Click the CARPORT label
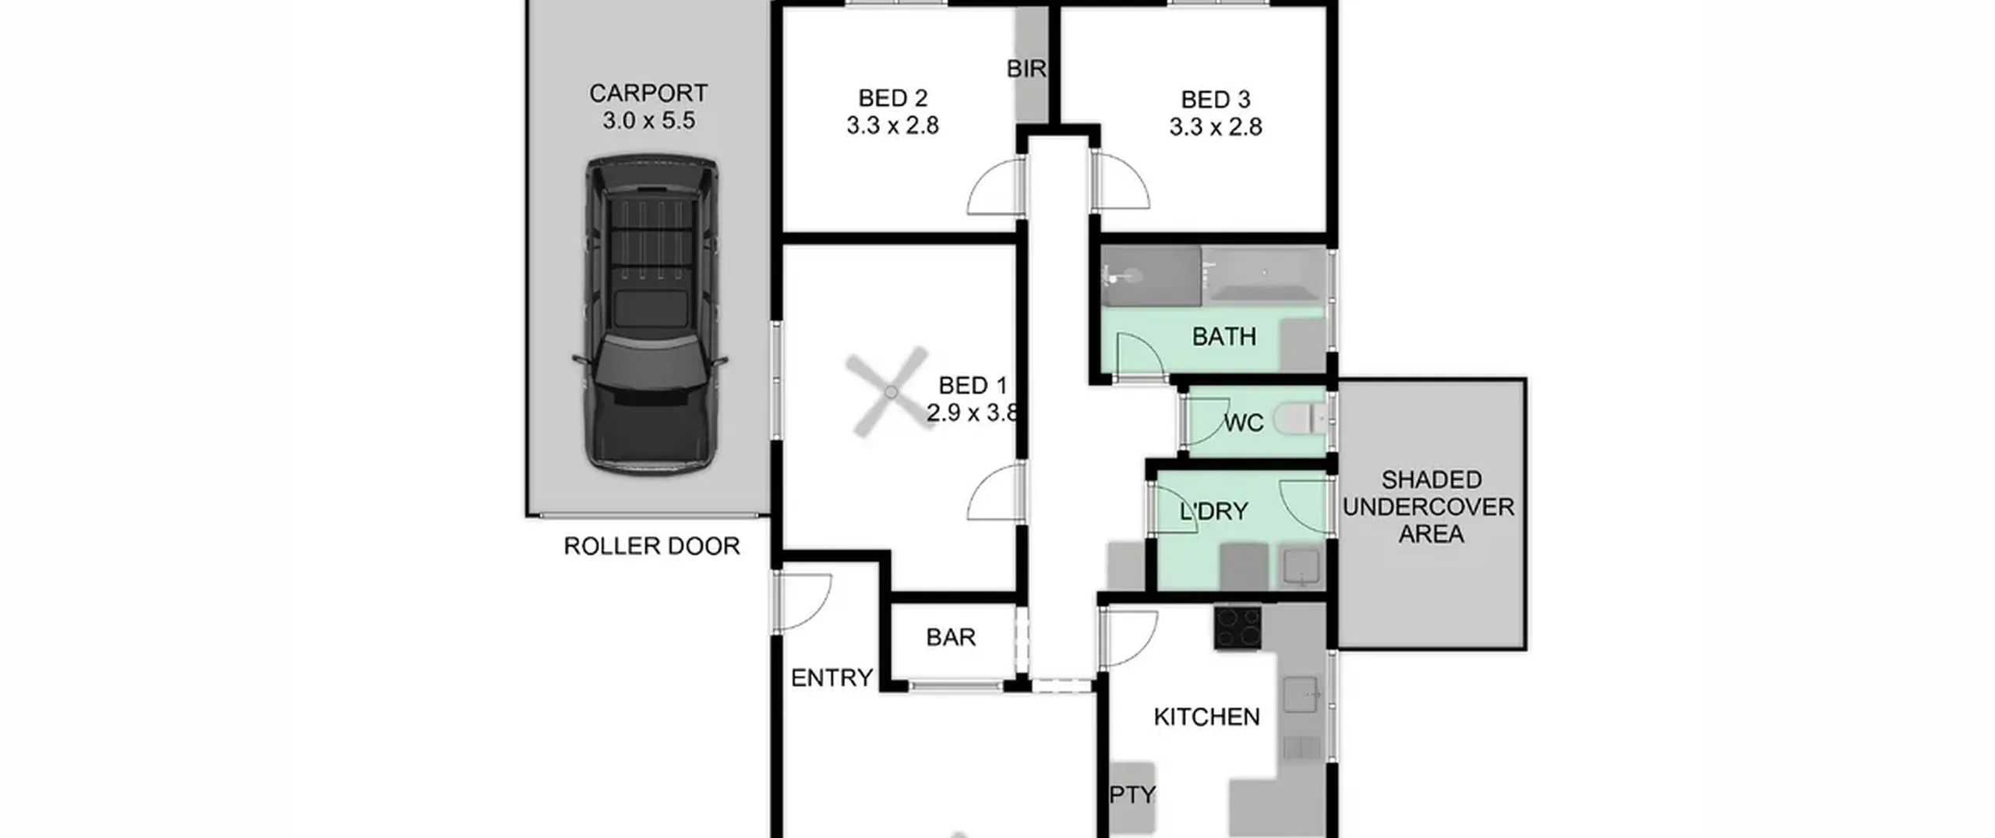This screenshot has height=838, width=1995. click(648, 93)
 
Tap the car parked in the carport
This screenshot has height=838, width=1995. click(650, 315)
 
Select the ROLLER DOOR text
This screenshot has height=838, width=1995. click(651, 546)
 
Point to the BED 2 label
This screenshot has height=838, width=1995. click(893, 98)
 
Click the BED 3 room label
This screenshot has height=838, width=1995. click(1216, 100)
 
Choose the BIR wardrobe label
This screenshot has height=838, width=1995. click(1026, 69)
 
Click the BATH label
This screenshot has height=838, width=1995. click(1224, 337)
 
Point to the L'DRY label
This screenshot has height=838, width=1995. click(1214, 511)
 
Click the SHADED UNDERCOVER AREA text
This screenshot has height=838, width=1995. click(1429, 507)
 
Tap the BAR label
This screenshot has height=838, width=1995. click(951, 637)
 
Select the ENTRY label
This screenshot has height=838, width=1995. click(832, 677)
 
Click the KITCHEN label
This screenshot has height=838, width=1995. click(1206, 716)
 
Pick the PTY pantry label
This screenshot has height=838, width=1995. click(1132, 794)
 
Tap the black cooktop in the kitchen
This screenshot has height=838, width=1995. click(1238, 628)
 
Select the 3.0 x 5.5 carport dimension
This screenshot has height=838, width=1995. click(648, 121)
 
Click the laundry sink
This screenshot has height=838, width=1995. click(1301, 567)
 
